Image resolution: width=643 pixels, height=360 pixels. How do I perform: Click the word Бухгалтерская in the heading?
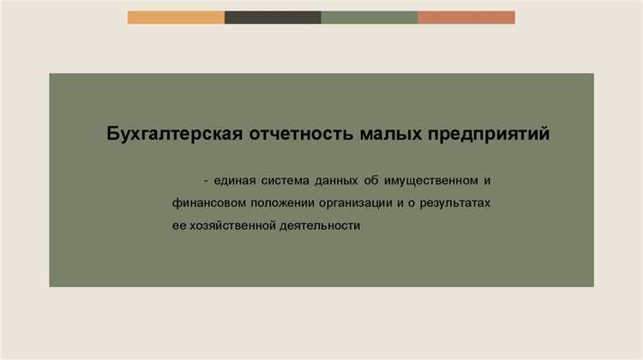[x=172, y=135]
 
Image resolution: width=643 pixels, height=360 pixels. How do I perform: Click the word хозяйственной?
[x=230, y=226]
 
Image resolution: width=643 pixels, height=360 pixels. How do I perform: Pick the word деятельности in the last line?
[x=318, y=226]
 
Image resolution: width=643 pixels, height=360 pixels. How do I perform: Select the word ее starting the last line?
[x=178, y=226]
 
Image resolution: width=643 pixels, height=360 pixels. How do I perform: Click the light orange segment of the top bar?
[x=176, y=17]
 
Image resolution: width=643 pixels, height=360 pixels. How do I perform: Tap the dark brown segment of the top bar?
[x=273, y=17]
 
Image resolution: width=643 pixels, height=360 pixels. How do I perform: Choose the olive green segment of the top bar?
[x=370, y=17]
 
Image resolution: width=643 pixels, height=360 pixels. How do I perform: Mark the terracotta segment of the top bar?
[x=466, y=17]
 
